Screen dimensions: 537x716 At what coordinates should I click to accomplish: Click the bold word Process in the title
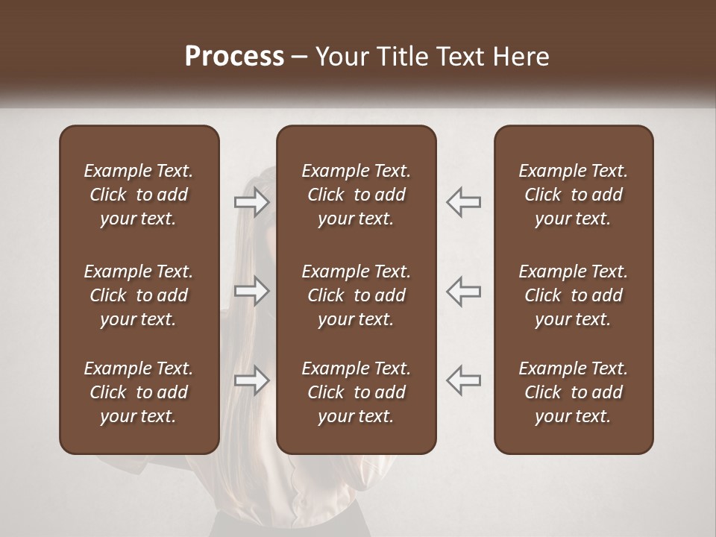[x=234, y=57]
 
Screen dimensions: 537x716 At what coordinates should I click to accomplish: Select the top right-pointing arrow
[x=251, y=202]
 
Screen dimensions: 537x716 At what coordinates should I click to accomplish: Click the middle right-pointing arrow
[x=251, y=291]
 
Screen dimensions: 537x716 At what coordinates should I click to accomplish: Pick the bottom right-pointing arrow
[x=251, y=380]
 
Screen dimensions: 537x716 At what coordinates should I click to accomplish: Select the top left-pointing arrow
[x=464, y=202]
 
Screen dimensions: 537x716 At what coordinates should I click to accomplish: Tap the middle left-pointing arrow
[x=464, y=291]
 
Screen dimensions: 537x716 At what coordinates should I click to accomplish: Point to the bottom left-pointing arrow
[x=464, y=380]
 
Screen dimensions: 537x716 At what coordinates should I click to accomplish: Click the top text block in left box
[x=139, y=195]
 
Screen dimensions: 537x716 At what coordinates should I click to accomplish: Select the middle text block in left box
[x=139, y=295]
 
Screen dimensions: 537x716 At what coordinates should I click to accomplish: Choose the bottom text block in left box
[x=139, y=392]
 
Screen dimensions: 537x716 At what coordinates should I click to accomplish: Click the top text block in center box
[x=356, y=195]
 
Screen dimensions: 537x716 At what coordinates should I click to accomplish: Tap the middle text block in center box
[x=356, y=295]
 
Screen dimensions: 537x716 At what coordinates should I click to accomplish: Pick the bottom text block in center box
[x=356, y=392]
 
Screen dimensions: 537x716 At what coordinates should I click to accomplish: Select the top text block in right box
[x=573, y=195]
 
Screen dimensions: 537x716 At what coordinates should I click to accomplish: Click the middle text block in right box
[x=573, y=295]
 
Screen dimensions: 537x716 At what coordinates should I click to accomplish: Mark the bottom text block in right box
[x=573, y=392]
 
